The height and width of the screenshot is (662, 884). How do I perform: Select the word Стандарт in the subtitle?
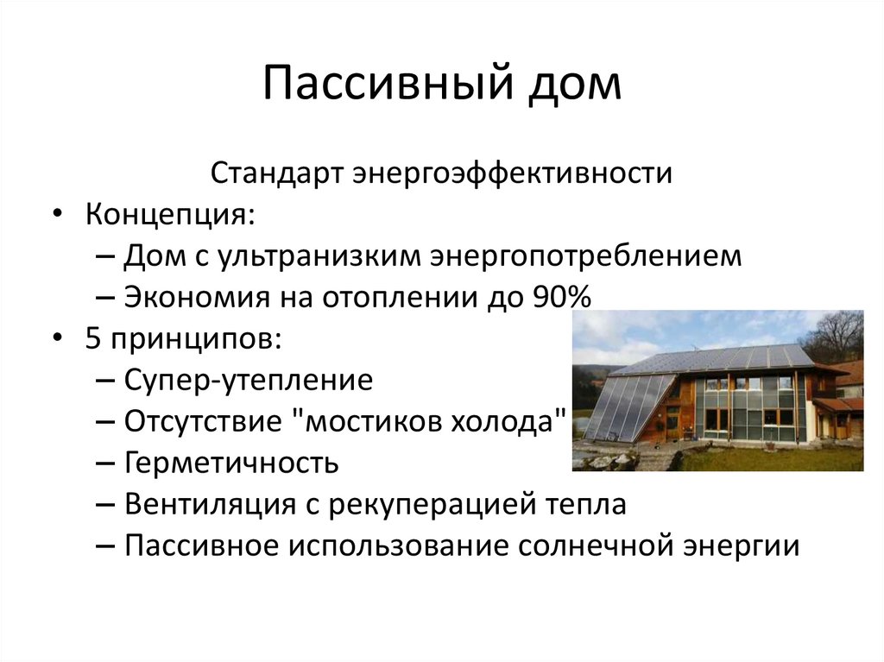click(x=276, y=173)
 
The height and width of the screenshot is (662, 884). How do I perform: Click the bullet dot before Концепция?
click(x=56, y=214)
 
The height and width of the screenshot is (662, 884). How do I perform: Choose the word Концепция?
click(x=168, y=214)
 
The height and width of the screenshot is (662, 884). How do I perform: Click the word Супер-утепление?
click(x=249, y=380)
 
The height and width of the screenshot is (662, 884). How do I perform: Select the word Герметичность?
click(x=231, y=463)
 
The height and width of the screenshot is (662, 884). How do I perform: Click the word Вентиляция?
click(x=212, y=504)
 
